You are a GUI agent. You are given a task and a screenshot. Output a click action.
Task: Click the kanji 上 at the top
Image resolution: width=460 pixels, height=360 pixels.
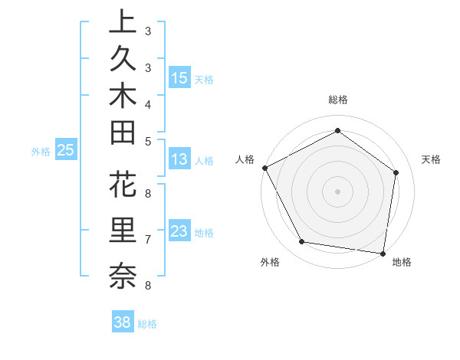(x=123, y=22)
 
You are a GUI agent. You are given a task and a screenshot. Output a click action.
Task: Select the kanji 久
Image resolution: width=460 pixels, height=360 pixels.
(x=123, y=58)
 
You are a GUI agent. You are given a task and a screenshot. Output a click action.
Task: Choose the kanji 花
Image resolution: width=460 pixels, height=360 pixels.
(x=123, y=187)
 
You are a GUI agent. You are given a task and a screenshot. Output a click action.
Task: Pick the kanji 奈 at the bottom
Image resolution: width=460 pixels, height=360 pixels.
(x=123, y=275)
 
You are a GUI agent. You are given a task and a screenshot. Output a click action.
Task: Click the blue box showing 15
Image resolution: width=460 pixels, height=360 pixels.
(x=179, y=77)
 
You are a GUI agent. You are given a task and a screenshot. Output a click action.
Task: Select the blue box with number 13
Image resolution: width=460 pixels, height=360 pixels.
(x=179, y=159)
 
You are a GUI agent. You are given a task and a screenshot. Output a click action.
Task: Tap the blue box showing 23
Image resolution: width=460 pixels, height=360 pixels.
(x=179, y=231)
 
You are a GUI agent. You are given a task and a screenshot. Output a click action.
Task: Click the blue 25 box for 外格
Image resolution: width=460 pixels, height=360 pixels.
(x=65, y=151)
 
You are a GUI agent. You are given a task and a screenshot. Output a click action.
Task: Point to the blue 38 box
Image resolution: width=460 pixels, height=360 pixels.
(x=122, y=322)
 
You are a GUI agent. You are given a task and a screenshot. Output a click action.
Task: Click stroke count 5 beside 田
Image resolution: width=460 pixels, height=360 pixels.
(x=147, y=141)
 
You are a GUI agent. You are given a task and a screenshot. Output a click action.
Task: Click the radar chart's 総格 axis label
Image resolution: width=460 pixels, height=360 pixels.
(x=337, y=100)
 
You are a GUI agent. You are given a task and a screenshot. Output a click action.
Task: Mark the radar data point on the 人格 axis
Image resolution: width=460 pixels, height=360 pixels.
(x=264, y=168)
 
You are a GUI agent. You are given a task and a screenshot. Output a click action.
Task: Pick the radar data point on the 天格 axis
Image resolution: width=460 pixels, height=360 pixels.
(x=396, y=172)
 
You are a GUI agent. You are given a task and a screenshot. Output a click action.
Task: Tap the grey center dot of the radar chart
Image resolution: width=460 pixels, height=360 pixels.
(x=337, y=191)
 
